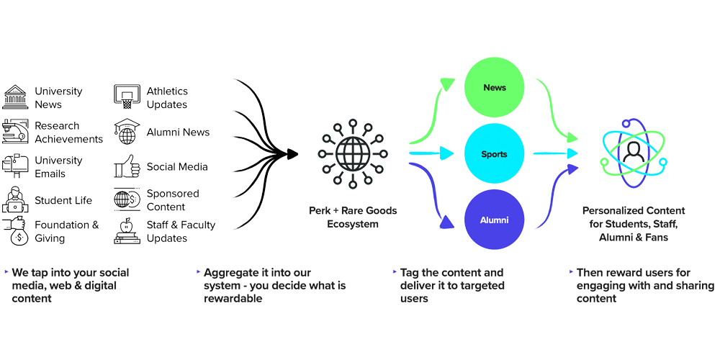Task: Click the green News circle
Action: click(x=495, y=88)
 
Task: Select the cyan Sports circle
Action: click(x=495, y=154)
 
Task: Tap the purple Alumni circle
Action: click(x=495, y=220)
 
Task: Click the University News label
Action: click(x=58, y=98)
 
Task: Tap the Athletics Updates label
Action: click(x=167, y=98)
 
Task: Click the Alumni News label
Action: click(x=178, y=132)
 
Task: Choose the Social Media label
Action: click(x=177, y=167)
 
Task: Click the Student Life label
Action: click(x=63, y=200)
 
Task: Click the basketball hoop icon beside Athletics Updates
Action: click(x=127, y=96)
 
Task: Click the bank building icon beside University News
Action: click(x=15, y=96)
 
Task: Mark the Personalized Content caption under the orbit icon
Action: click(x=634, y=222)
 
